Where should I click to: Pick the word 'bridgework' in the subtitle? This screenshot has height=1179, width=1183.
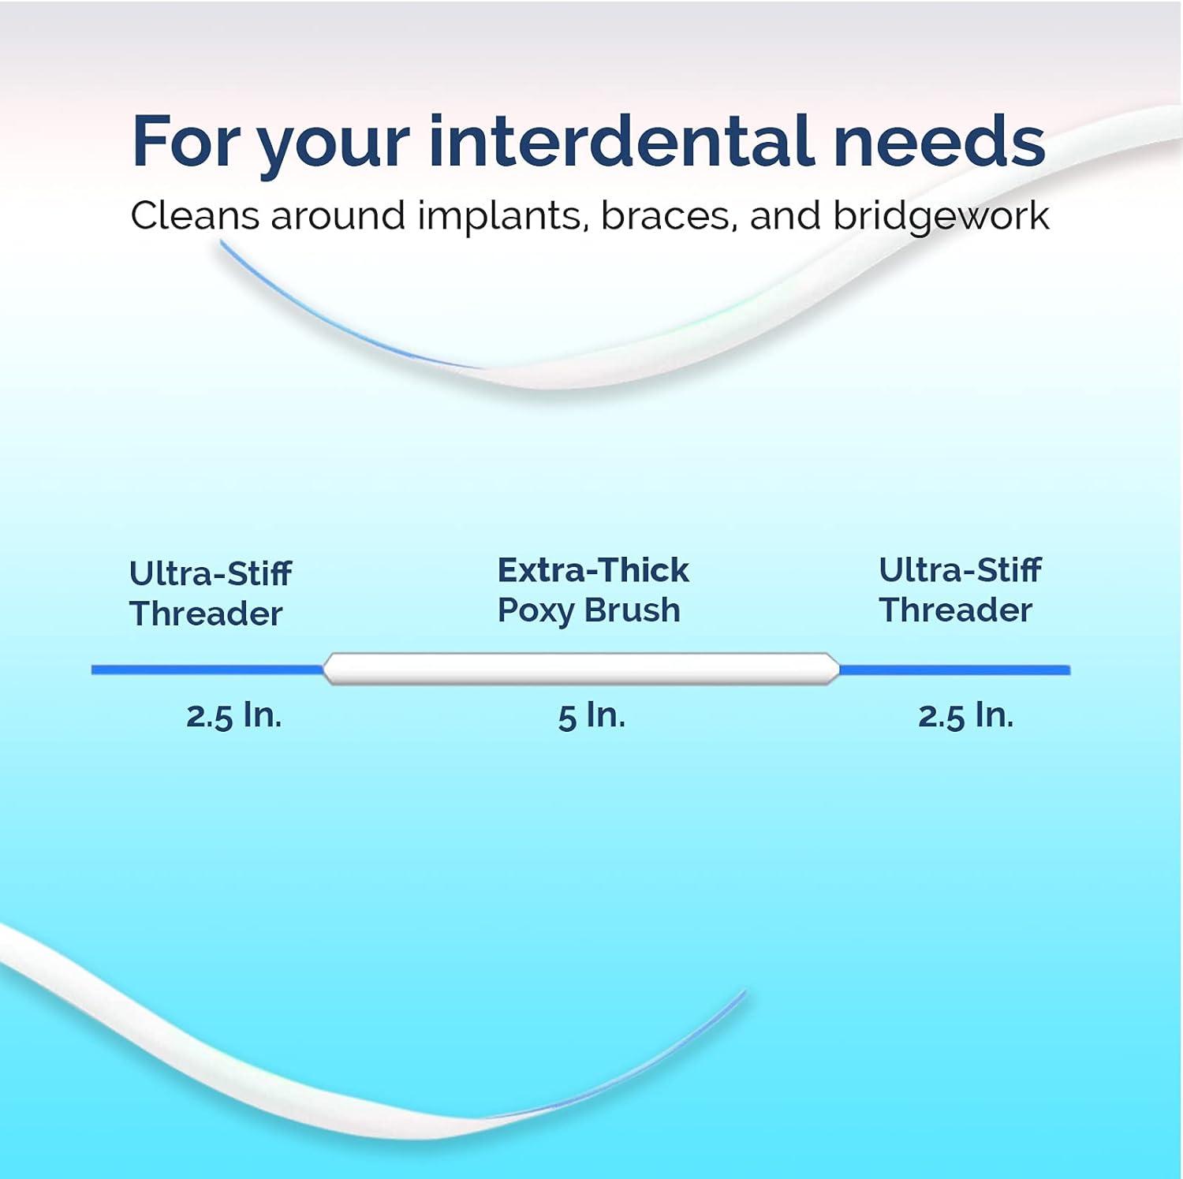click(x=941, y=217)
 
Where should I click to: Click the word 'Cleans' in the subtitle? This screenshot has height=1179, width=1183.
click(x=194, y=215)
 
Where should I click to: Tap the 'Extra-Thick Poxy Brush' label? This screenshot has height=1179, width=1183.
click(x=592, y=590)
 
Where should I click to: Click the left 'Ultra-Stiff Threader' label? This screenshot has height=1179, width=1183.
click(x=210, y=593)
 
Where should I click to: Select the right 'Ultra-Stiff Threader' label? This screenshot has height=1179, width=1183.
click(x=959, y=590)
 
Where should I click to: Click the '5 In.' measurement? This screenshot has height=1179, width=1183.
click(x=591, y=715)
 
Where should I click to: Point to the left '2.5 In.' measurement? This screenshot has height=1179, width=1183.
click(x=233, y=715)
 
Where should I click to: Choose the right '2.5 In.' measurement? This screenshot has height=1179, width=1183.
click(x=965, y=715)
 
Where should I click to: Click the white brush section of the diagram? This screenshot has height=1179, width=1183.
click(x=581, y=669)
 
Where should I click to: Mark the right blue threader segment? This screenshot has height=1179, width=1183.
click(x=954, y=670)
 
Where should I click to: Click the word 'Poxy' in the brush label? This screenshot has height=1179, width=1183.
click(x=536, y=611)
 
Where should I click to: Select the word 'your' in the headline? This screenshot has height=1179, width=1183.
click(x=334, y=144)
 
